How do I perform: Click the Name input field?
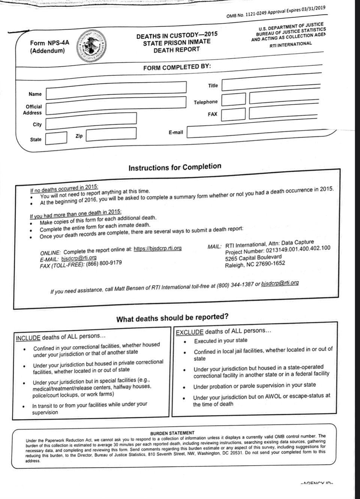[116, 90]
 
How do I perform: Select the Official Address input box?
[116, 105]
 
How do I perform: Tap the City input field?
[91, 120]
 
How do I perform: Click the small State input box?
[56, 138]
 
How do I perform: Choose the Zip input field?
[111, 134]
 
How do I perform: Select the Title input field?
[271, 85]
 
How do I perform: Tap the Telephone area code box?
[233, 99]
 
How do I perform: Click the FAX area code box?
[233, 114]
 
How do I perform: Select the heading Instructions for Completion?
[175, 167]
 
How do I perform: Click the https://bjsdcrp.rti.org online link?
[157, 248]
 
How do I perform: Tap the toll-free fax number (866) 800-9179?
[104, 263]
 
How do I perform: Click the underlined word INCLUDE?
[28, 338]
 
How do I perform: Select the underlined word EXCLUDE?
[189, 332]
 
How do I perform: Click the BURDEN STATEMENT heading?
[172, 433]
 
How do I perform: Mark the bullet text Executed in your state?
[220, 341]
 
